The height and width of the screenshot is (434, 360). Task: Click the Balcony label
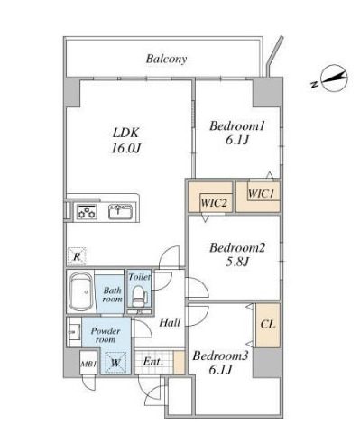[x=166, y=59]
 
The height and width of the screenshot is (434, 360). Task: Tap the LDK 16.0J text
[x=125, y=140]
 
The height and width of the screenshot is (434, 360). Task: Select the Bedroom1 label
[x=237, y=133]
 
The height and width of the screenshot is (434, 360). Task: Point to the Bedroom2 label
[x=237, y=254]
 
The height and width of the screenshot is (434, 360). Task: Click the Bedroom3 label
[x=220, y=363]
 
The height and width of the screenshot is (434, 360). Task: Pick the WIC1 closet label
[x=261, y=193]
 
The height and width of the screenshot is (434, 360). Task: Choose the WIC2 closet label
[x=213, y=203]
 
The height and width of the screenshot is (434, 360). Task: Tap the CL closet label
[x=268, y=324]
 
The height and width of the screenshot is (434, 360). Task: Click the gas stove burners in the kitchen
[x=87, y=212]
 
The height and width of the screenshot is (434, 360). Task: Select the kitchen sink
[x=120, y=212]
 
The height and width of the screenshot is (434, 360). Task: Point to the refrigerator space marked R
[x=77, y=256]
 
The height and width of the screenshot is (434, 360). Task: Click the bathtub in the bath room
[x=80, y=292]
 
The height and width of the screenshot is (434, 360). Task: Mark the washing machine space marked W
[x=115, y=363]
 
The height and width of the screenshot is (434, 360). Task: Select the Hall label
[x=170, y=323]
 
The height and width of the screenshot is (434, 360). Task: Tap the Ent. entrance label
[x=153, y=361]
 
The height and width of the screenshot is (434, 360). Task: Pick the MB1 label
[x=88, y=364]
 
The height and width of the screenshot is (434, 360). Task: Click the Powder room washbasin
[x=74, y=332]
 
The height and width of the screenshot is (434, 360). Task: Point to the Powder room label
[x=106, y=335]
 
